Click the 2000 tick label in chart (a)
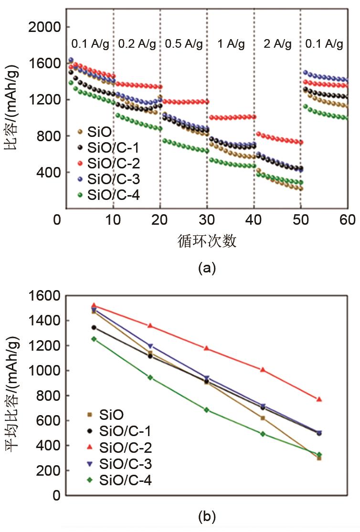coord(44,27)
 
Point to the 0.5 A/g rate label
coord(183,44)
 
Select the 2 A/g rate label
coord(277,44)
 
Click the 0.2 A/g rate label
coord(137,44)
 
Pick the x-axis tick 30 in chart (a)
coord(207,220)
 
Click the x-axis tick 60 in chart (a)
coord(347,220)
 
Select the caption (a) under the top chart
coord(207,268)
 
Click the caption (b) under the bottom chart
coord(207,516)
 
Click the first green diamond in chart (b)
coord(94,339)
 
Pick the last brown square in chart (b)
coord(319,458)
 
